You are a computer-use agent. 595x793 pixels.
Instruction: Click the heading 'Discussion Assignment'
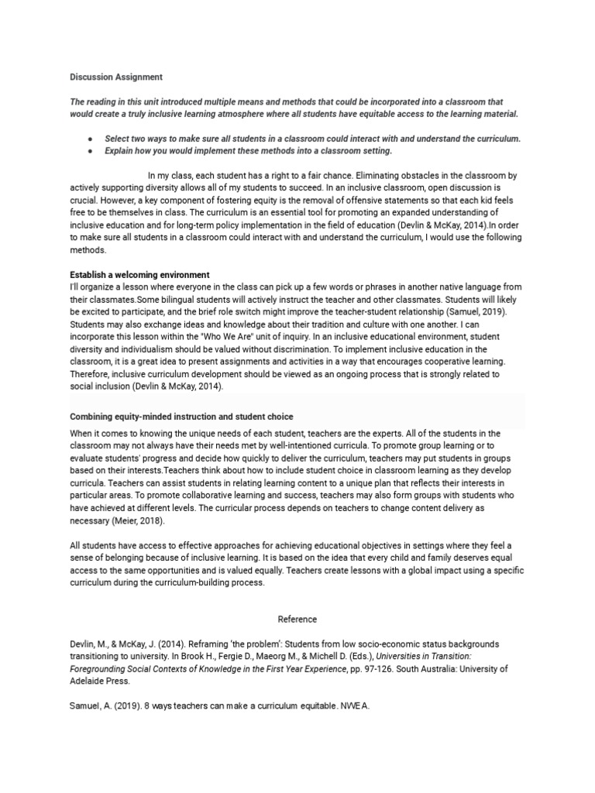(x=116, y=77)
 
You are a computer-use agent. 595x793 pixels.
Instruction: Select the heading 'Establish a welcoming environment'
(x=140, y=275)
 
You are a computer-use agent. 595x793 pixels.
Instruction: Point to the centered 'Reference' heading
(x=297, y=619)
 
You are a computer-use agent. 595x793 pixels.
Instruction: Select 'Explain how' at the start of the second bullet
(x=131, y=150)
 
